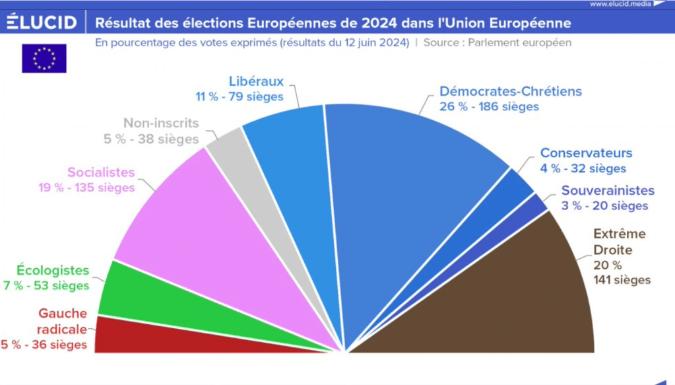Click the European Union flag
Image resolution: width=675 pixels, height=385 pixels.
[44, 58]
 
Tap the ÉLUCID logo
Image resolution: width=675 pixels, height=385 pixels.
[42, 24]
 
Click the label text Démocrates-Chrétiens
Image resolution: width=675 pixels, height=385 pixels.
[511, 91]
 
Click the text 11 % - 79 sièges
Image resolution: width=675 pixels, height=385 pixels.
[239, 96]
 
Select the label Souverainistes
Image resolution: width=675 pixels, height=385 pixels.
[608, 191]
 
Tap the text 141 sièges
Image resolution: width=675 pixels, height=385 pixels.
[622, 280]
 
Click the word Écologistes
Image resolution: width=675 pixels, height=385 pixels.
[53, 270]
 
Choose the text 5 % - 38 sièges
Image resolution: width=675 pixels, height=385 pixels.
[152, 139]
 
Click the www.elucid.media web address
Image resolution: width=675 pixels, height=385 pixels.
[620, 4]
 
